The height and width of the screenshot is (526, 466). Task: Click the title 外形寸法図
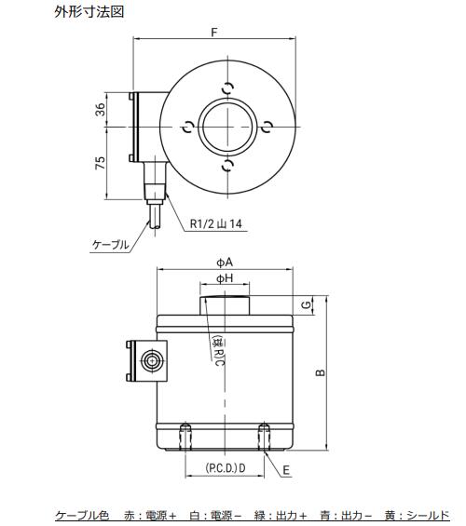click(89, 12)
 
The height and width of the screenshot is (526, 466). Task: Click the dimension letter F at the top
click(214, 33)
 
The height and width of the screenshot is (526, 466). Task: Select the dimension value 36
click(100, 109)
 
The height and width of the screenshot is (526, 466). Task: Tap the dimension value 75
click(100, 163)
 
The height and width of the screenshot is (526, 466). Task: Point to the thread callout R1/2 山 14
click(216, 223)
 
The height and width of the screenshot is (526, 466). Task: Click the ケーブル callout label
click(111, 245)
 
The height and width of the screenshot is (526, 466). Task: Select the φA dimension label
click(225, 263)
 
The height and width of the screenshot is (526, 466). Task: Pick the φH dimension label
click(225, 278)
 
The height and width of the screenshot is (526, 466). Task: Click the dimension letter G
click(306, 305)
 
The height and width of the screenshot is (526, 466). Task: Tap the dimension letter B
click(321, 372)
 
